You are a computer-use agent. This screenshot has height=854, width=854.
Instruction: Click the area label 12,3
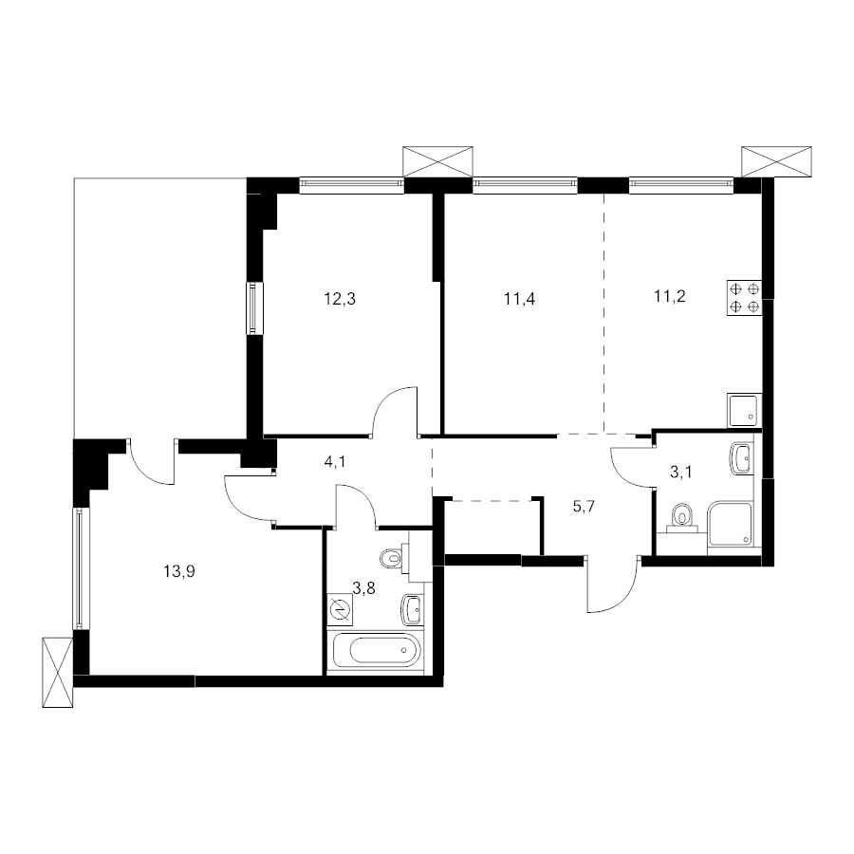tap(340, 299)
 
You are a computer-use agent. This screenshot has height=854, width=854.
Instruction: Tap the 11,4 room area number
tap(520, 299)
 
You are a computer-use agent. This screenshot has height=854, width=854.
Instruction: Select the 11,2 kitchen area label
tap(669, 296)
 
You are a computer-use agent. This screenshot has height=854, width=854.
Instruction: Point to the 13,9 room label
tap(179, 571)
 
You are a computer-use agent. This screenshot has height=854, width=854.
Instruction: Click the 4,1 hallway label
tap(334, 462)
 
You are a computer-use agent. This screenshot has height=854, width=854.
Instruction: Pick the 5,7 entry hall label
tap(584, 507)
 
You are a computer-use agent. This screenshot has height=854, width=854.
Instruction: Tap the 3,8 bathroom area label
tap(363, 588)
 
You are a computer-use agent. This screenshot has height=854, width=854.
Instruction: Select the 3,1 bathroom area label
tap(680, 473)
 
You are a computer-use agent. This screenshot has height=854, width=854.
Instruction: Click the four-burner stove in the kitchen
tap(745, 298)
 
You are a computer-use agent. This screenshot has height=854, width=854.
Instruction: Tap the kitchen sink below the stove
tap(745, 411)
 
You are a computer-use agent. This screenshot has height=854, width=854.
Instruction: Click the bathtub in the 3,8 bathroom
tap(377, 650)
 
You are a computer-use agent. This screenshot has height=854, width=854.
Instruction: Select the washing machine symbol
tap(341, 609)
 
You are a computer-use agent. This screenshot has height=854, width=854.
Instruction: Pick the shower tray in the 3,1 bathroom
tap(730, 524)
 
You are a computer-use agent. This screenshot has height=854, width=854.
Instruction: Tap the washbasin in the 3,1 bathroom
tap(741, 458)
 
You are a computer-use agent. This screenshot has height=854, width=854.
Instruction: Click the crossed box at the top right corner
tap(776, 161)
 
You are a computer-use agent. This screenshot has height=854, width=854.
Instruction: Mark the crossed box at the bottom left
tap(57, 672)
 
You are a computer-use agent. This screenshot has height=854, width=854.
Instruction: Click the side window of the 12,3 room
tap(253, 307)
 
